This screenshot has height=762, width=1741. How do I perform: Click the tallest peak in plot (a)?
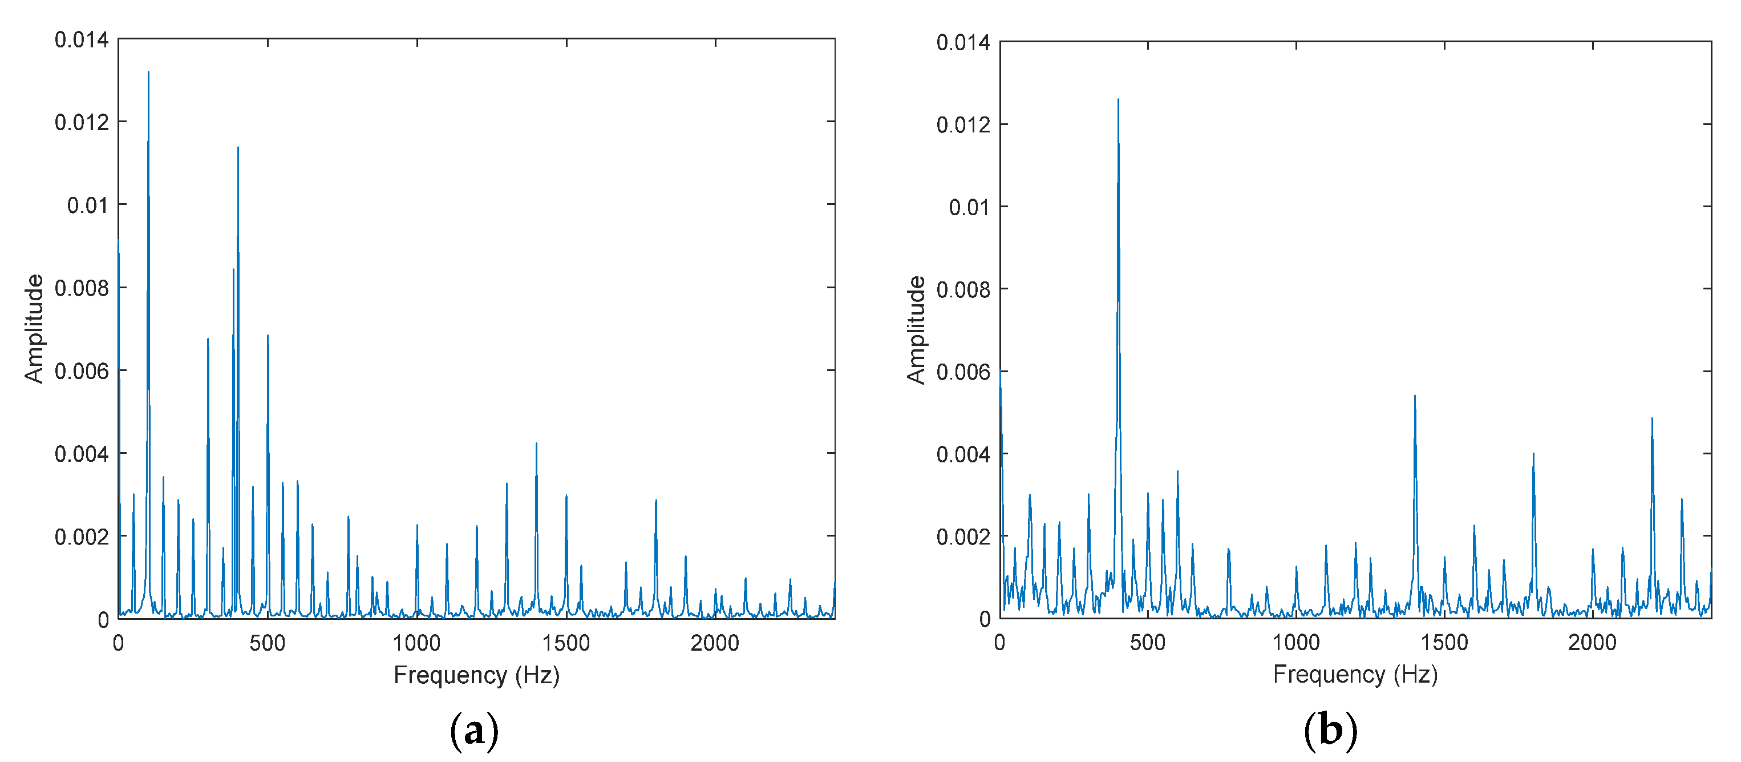[149, 72]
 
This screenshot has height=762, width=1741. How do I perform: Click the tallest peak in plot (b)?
[1118, 100]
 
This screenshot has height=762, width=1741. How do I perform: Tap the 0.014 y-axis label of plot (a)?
[81, 40]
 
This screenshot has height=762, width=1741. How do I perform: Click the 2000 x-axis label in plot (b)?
[1592, 642]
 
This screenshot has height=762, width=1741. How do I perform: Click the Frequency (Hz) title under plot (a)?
[476, 675]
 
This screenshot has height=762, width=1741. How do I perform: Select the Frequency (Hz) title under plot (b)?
[1355, 674]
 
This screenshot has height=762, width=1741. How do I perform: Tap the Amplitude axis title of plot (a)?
[34, 329]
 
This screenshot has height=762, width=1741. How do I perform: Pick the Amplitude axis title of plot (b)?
[916, 330]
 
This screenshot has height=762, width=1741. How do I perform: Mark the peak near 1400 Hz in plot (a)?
[536, 444]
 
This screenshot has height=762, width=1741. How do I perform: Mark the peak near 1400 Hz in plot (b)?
[1415, 396]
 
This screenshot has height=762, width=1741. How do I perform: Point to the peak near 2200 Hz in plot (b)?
[1652, 418]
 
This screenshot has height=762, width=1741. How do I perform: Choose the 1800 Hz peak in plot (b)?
[1533, 454]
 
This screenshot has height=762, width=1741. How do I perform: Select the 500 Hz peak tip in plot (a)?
[268, 336]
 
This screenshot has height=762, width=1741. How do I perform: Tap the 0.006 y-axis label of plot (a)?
[81, 371]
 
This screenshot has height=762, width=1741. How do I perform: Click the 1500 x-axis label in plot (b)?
[1444, 642]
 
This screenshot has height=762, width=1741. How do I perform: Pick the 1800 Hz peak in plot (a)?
[655, 501]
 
